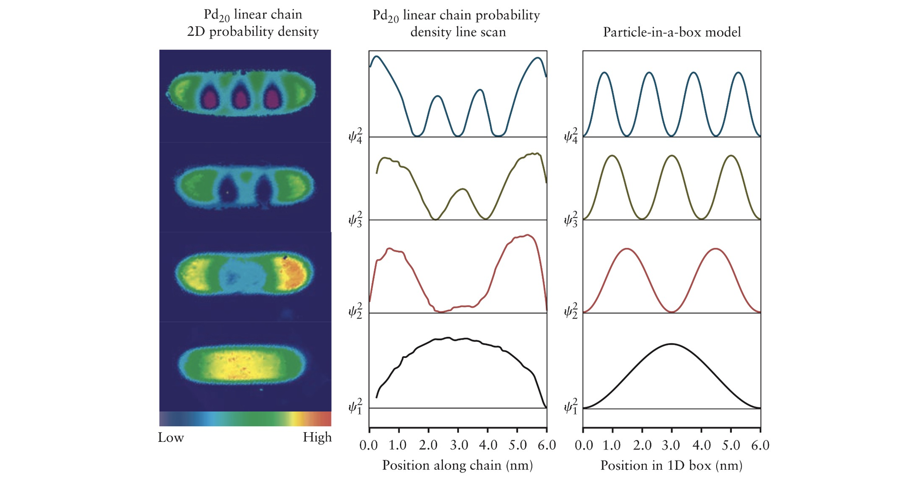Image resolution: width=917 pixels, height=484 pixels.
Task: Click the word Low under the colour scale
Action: (x=171, y=438)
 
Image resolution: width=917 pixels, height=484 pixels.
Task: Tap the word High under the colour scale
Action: (x=317, y=438)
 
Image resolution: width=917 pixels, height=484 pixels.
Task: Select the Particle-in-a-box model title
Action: (x=672, y=32)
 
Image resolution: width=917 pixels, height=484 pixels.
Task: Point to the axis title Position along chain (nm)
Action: (x=458, y=466)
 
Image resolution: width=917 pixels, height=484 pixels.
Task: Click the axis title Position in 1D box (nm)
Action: (x=671, y=466)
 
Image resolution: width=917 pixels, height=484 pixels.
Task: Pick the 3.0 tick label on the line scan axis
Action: (x=458, y=445)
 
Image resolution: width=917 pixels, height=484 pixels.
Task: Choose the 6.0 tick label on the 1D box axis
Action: (x=760, y=445)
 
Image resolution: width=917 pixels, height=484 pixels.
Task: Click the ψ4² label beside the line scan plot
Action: (x=355, y=136)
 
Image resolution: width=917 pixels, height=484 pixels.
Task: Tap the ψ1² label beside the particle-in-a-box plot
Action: (x=570, y=407)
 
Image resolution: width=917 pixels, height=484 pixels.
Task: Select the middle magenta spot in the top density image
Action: (x=239, y=98)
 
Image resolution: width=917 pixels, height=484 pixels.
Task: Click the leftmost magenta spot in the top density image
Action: (x=210, y=98)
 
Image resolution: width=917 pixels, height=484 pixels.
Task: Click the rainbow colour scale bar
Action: (x=245, y=419)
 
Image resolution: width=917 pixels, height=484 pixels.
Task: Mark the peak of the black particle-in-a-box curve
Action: (x=671, y=344)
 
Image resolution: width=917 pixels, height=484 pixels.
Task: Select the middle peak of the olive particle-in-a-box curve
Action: (x=672, y=156)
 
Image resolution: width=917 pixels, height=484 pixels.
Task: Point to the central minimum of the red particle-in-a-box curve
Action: (x=672, y=312)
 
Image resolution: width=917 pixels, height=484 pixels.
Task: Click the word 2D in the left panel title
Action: (x=196, y=32)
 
